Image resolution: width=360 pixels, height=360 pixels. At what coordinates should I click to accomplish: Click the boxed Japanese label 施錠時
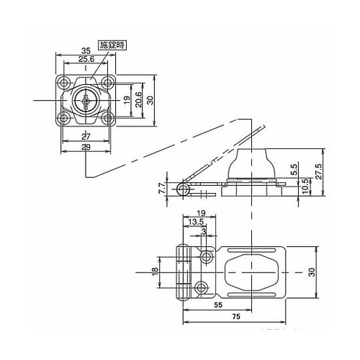112,45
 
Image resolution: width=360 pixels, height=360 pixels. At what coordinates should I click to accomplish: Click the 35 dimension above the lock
86,50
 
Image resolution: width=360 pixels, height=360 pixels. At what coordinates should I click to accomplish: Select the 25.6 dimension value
86,58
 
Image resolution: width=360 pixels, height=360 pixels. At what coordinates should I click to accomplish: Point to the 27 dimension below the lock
86,137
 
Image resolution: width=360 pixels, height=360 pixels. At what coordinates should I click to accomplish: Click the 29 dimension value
86,147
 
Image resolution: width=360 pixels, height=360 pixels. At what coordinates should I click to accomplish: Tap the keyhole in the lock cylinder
86,102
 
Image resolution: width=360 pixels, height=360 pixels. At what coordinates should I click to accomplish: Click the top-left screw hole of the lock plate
63,83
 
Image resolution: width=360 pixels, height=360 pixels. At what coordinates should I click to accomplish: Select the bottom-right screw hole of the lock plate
107,118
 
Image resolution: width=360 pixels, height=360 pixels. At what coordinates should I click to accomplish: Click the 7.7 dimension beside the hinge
162,189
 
